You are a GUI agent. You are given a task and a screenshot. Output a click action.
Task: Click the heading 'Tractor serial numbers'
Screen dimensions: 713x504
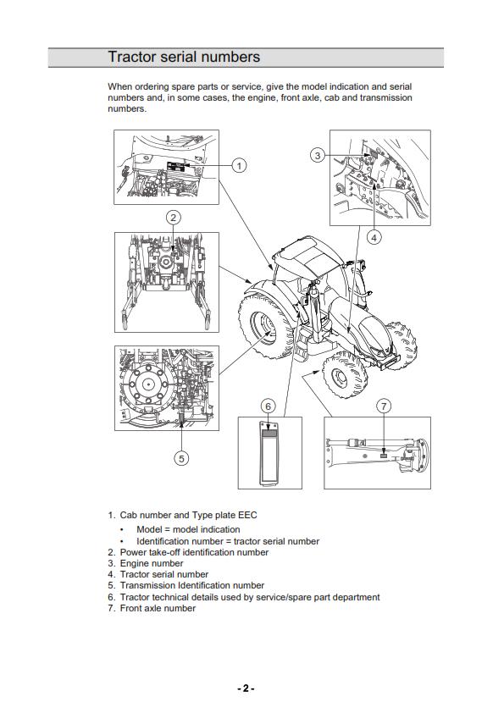184,57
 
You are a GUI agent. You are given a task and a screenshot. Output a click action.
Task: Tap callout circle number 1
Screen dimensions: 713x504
240,165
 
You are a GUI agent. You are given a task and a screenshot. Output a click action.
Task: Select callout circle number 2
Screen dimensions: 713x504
173,218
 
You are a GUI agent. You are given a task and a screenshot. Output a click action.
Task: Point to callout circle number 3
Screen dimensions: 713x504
317,155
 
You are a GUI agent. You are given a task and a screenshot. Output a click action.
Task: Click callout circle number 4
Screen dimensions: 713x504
374,238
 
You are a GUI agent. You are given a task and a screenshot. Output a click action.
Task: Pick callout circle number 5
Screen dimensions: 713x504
181,458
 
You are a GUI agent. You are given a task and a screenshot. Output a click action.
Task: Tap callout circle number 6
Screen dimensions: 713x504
268,406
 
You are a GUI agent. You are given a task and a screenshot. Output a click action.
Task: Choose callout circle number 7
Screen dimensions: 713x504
384,406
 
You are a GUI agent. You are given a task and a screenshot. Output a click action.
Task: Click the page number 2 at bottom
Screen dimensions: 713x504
246,688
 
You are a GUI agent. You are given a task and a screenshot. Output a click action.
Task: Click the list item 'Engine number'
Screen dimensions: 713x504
151,563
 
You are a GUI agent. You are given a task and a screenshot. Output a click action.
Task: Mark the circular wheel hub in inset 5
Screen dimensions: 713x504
148,384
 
